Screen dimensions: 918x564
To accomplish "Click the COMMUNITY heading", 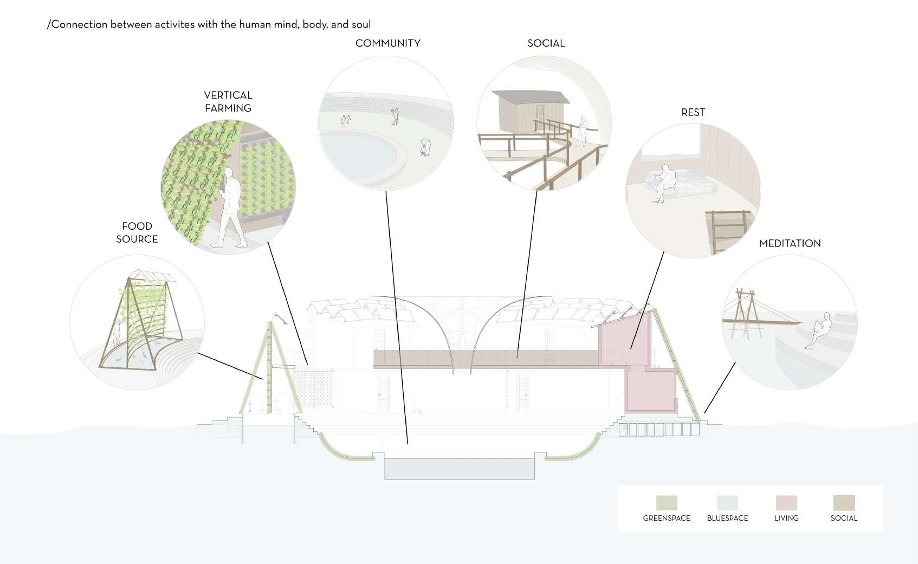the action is [387, 43].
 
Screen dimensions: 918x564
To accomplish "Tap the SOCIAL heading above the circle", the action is [546, 43].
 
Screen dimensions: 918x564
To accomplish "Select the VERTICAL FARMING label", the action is [228, 101].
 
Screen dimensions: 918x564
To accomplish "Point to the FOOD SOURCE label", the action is [137, 232].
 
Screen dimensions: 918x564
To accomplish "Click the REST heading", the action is [693, 112].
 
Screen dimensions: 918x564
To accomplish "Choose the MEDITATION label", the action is [790, 243].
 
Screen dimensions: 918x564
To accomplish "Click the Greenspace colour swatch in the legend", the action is [667, 503].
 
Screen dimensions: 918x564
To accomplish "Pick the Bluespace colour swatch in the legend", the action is [727, 503].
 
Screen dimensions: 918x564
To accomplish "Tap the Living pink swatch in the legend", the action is [786, 503].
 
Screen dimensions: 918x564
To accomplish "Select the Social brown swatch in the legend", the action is [844, 503].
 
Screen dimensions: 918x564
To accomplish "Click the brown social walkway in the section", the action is [488, 358].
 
